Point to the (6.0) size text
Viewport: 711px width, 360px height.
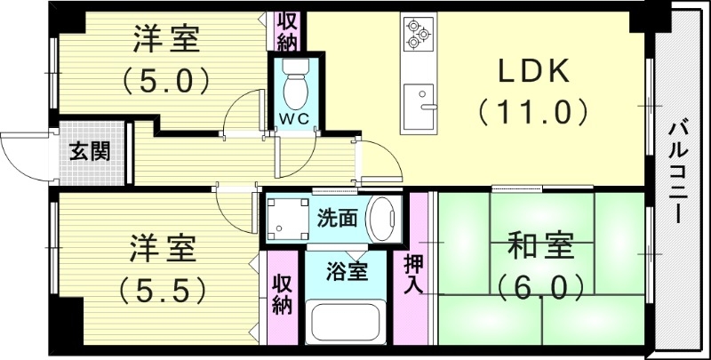541,286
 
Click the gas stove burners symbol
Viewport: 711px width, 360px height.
417,33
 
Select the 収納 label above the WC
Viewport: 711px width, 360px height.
286,30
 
